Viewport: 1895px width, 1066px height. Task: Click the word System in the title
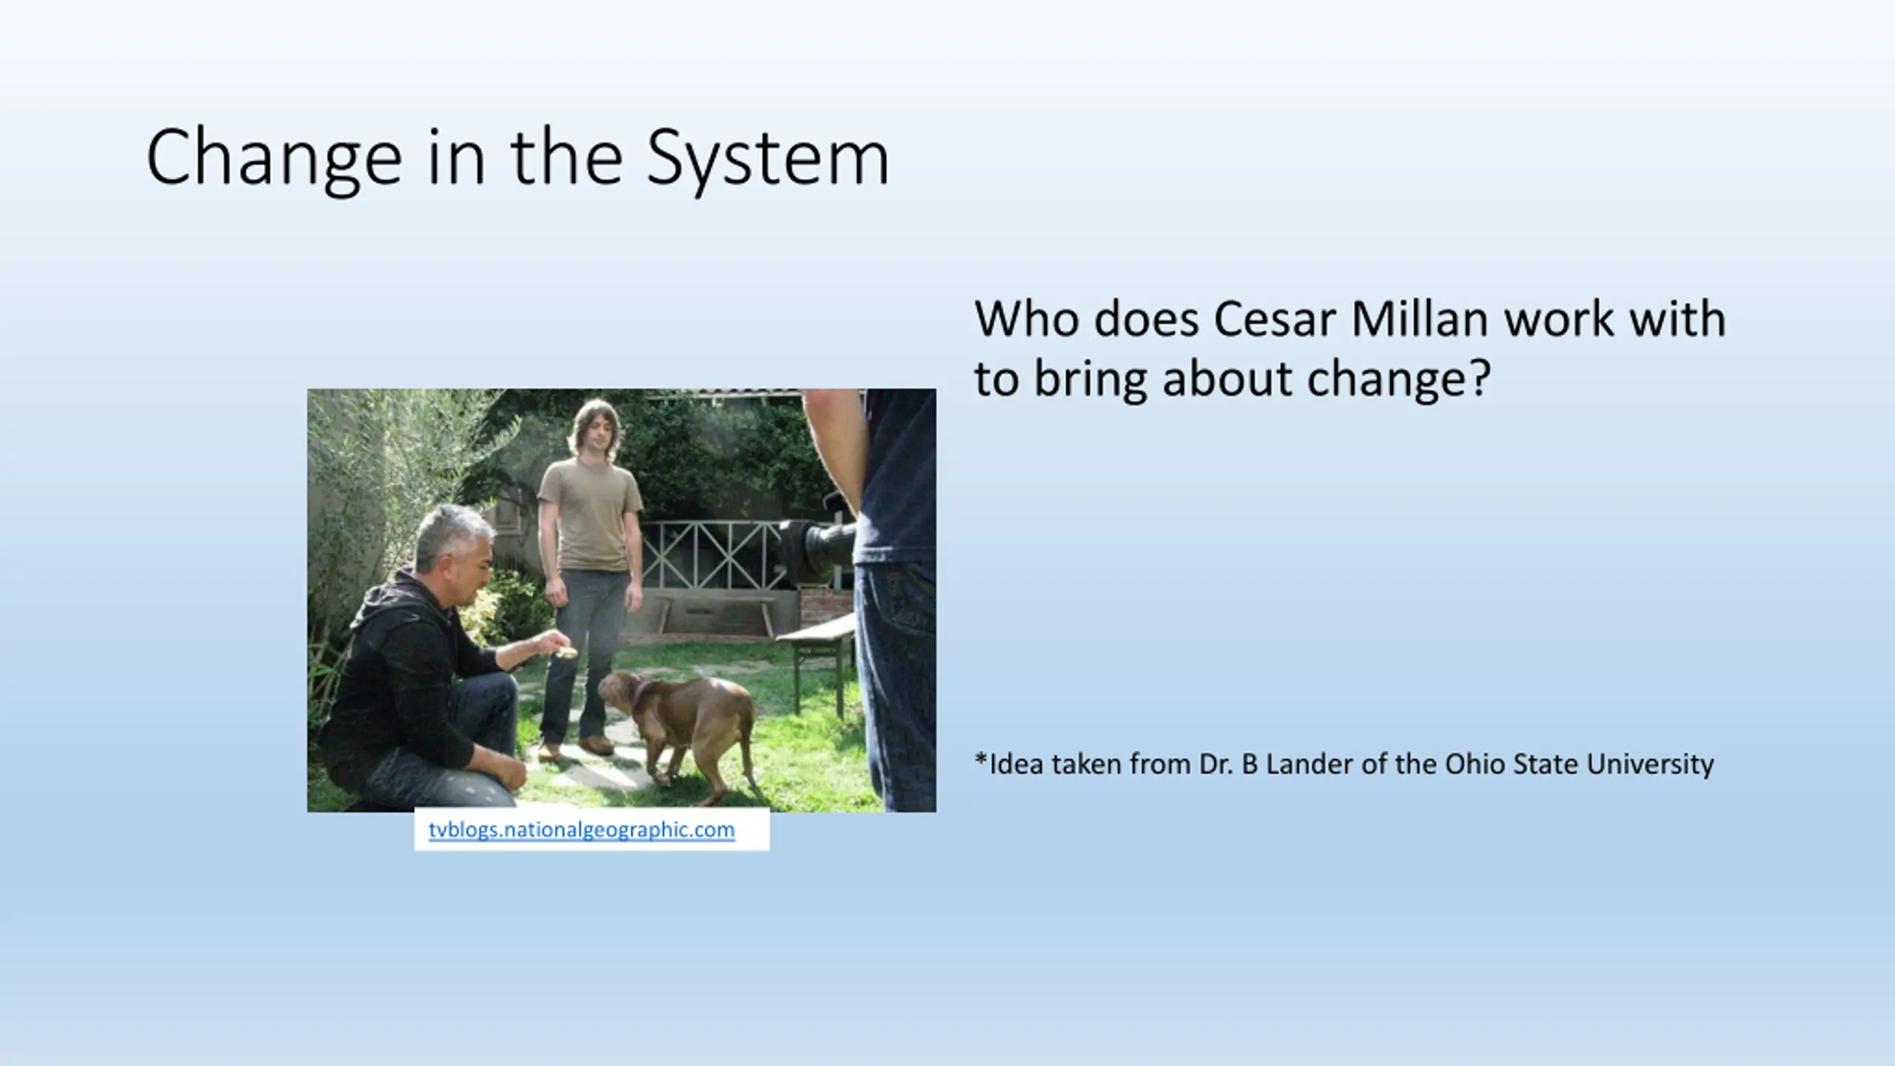coord(768,158)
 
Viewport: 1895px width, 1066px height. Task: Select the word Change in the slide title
coord(274,158)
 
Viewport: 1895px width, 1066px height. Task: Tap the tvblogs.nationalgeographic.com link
coord(582,830)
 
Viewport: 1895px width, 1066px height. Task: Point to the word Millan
coord(1420,319)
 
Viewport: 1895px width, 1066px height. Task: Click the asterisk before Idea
coord(981,760)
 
